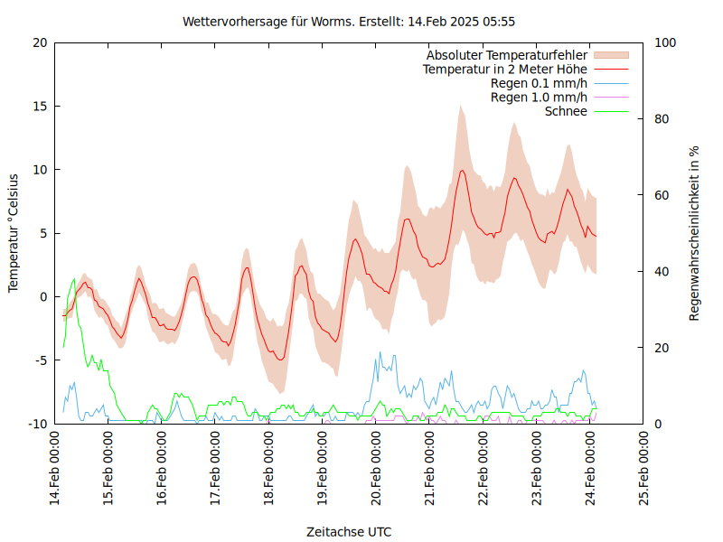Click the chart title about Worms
(349, 21)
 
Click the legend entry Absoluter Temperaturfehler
(506, 55)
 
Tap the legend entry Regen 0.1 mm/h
(539, 83)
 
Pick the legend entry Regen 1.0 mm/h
(539, 97)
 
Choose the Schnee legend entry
(566, 111)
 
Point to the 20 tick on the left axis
(38, 42)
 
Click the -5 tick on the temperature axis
(38, 360)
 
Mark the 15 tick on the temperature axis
(38, 106)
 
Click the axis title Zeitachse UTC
(349, 531)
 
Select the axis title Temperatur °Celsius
(14, 233)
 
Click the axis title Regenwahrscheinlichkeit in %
(694, 233)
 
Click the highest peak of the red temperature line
(462, 170)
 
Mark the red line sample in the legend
(610, 69)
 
